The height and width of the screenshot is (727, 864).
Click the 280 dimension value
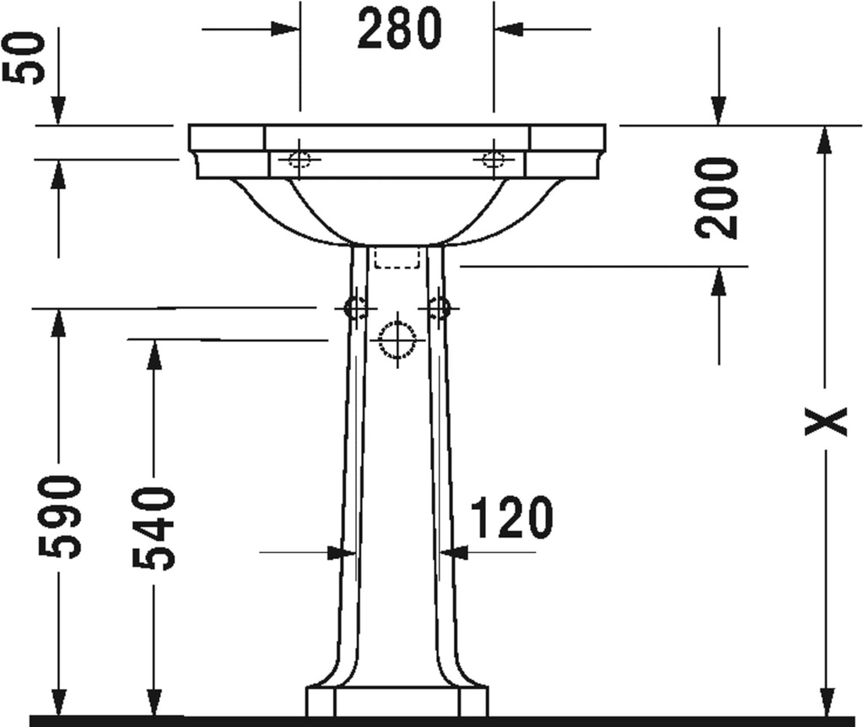pyautogui.click(x=399, y=30)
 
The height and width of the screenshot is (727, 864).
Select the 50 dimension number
pyautogui.click(x=24, y=57)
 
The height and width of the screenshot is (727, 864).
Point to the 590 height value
pyautogui.click(x=60, y=516)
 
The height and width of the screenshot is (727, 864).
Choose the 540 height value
pyautogui.click(x=154, y=528)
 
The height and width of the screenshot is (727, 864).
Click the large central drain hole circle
pyautogui.click(x=397, y=340)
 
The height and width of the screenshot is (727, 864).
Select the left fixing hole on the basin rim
pyautogui.click(x=300, y=160)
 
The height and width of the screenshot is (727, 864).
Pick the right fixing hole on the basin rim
pyautogui.click(x=494, y=160)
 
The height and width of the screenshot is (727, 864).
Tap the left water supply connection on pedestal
pyautogui.click(x=356, y=309)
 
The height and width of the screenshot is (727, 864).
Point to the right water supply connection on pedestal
pyautogui.click(x=439, y=309)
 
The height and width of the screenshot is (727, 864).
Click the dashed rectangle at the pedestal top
pyautogui.click(x=397, y=258)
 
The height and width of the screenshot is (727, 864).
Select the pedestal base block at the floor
pyautogui.click(x=397, y=701)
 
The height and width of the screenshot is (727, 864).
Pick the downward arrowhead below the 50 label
pyautogui.click(x=57, y=111)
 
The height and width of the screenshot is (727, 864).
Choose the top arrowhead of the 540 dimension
pyautogui.click(x=154, y=355)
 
